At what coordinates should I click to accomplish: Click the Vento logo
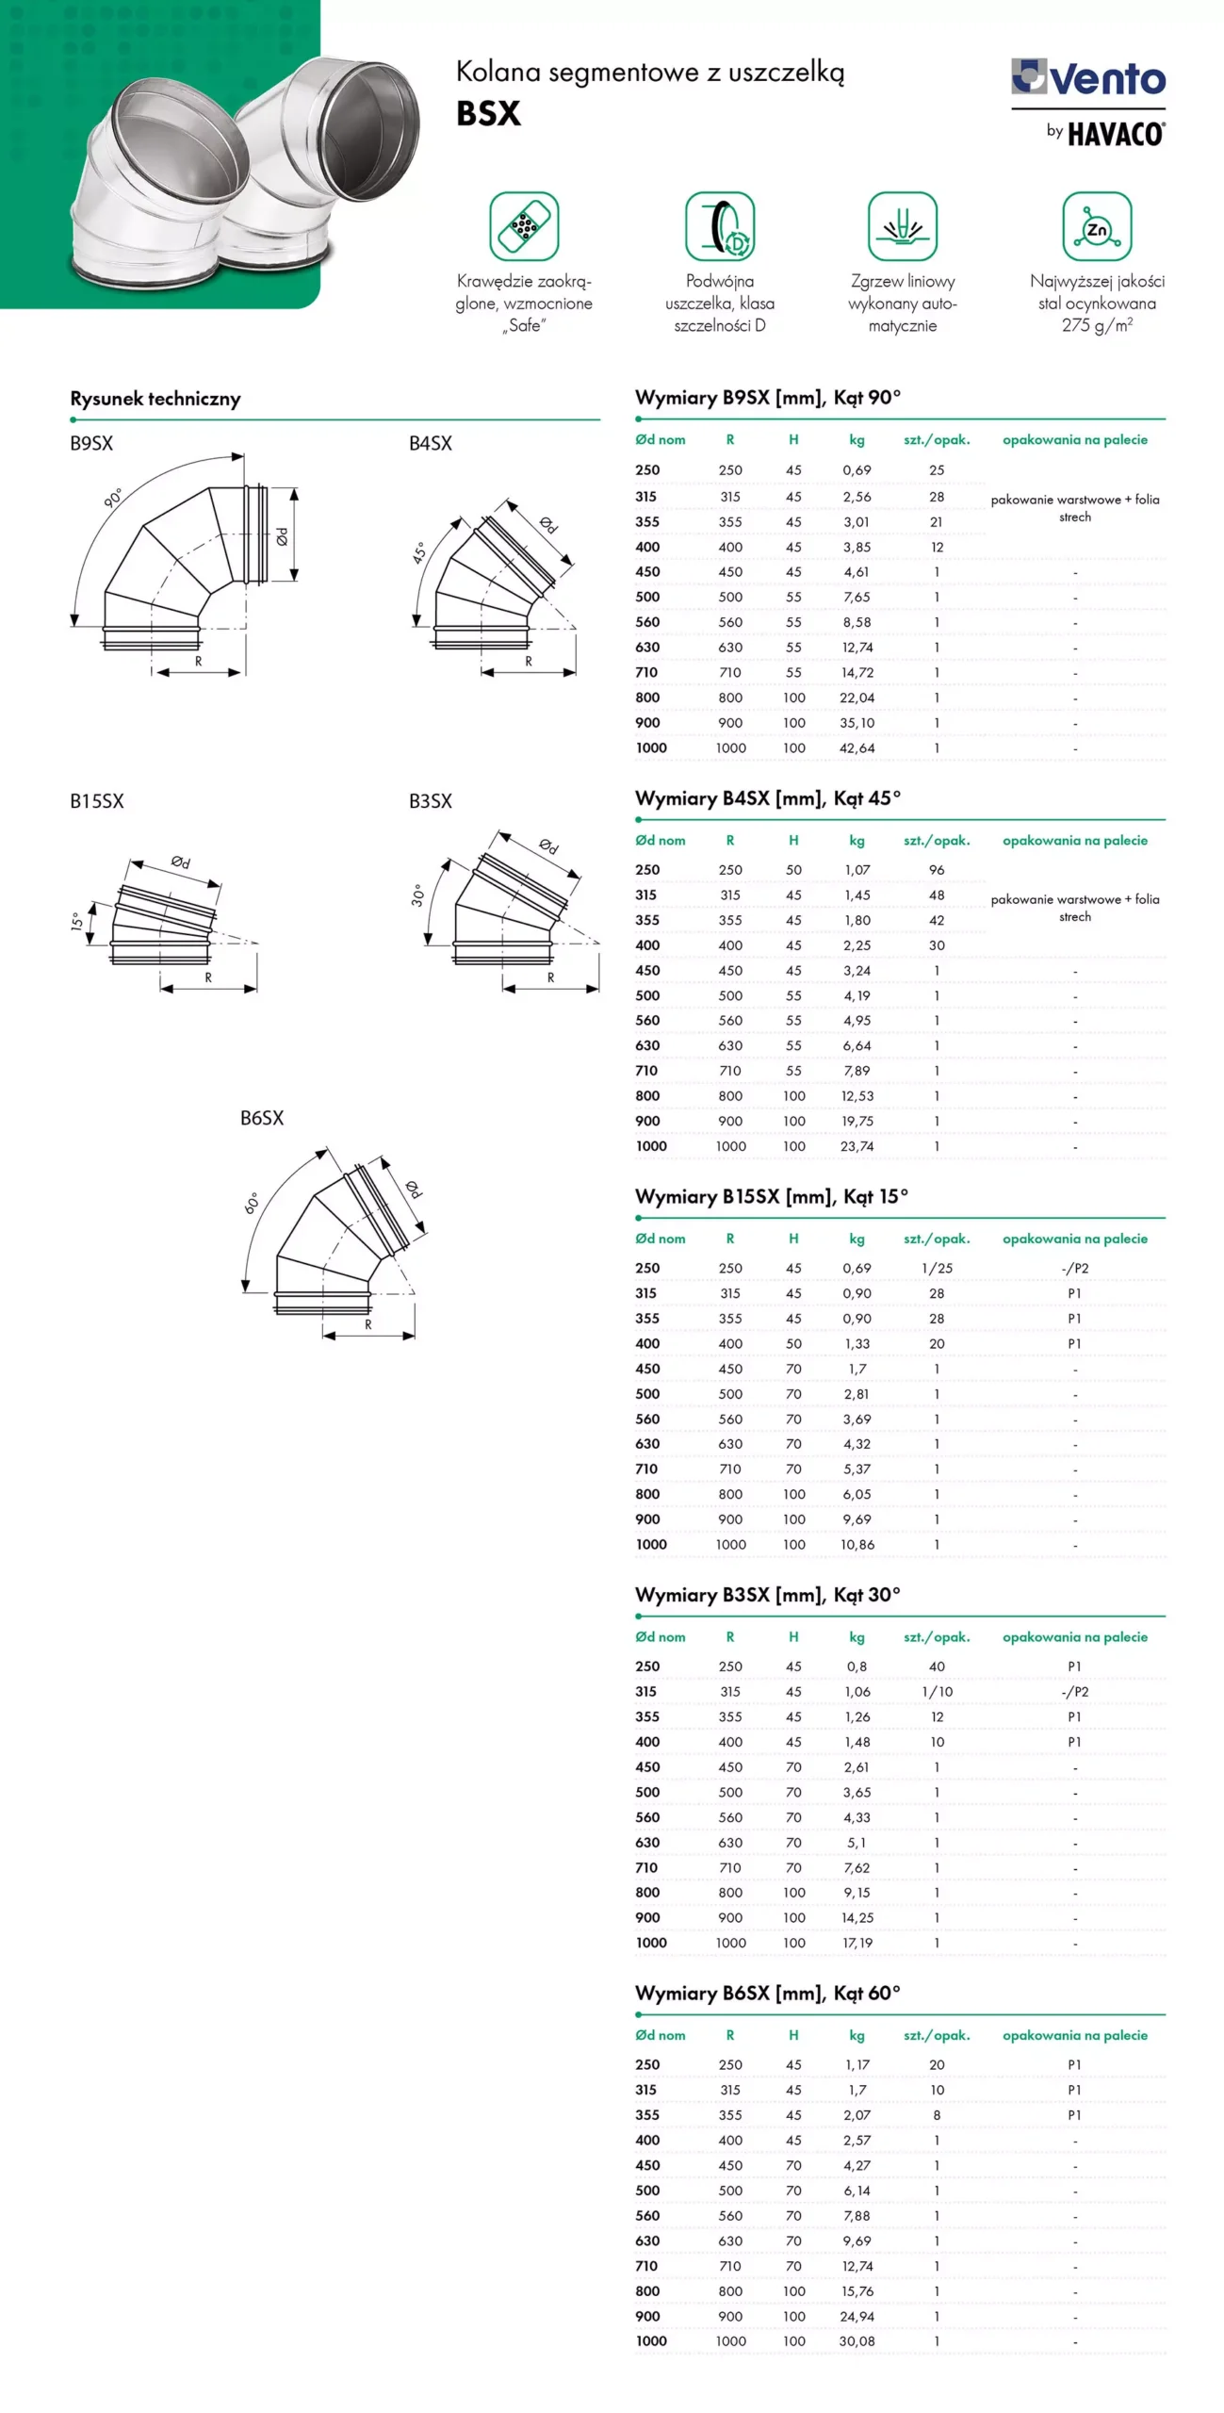(1088, 78)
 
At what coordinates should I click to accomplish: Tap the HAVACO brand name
(1116, 134)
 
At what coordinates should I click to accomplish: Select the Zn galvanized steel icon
(1097, 226)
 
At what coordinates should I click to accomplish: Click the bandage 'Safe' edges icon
(524, 226)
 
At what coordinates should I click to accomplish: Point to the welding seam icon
(902, 226)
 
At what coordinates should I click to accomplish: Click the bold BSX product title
(488, 114)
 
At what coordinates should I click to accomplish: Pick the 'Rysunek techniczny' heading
(155, 399)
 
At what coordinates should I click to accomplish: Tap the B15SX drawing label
(97, 801)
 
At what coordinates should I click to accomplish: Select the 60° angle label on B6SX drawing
(252, 1203)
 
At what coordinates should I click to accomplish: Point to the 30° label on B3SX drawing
(417, 895)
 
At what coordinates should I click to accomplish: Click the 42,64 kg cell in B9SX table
(857, 748)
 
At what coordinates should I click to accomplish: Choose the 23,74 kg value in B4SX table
(857, 1146)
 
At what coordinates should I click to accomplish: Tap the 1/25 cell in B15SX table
(937, 1269)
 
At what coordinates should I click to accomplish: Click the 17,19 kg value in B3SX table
(857, 1943)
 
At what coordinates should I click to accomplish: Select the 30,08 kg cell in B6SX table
(857, 2340)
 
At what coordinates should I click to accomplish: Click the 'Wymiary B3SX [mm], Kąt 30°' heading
(767, 1595)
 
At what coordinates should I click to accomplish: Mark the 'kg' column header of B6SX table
(857, 2035)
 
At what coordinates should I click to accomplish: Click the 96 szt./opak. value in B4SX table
(937, 870)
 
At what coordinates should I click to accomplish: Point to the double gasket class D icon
(720, 226)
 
